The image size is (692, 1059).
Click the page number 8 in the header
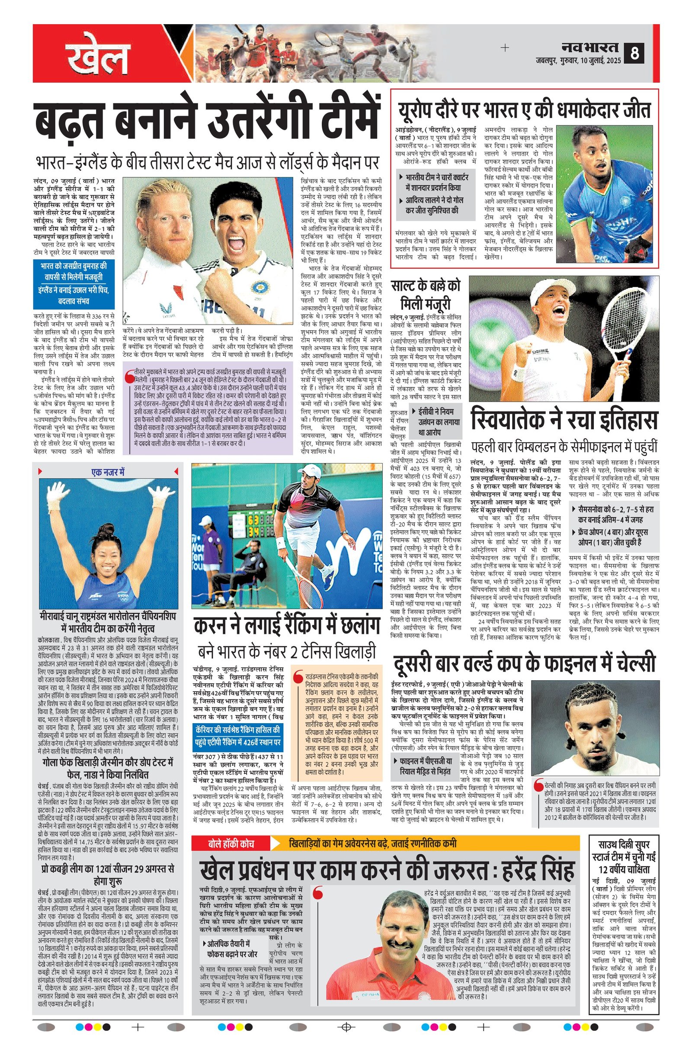click(x=634, y=54)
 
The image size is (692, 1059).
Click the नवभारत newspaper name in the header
click(x=589, y=47)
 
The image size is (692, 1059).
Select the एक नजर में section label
click(x=108, y=472)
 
